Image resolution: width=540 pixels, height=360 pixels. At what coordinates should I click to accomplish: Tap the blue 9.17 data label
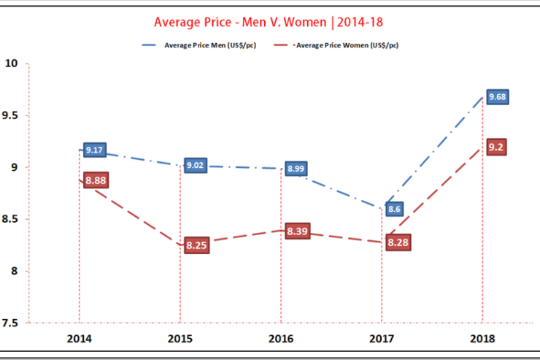(x=95, y=150)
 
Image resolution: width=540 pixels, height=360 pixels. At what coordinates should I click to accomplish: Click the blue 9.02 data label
(x=196, y=166)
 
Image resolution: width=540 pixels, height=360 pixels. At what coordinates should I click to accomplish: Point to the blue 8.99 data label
(x=296, y=169)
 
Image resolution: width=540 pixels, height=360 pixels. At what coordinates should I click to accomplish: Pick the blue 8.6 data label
(x=395, y=209)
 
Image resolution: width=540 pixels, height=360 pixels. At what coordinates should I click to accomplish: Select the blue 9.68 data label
(x=498, y=96)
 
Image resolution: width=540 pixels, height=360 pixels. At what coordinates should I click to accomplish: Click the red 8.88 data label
(x=96, y=180)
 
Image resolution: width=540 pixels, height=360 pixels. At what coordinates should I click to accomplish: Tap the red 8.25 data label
(x=196, y=246)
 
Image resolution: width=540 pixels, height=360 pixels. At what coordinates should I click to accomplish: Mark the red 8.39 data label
(x=298, y=231)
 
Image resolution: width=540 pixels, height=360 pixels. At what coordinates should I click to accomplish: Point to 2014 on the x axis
(x=78, y=339)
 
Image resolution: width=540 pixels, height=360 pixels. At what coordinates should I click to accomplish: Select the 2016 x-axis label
(x=280, y=339)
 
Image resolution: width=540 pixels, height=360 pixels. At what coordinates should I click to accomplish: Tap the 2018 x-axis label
(x=482, y=339)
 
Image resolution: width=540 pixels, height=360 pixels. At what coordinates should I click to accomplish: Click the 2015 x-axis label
(x=180, y=339)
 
